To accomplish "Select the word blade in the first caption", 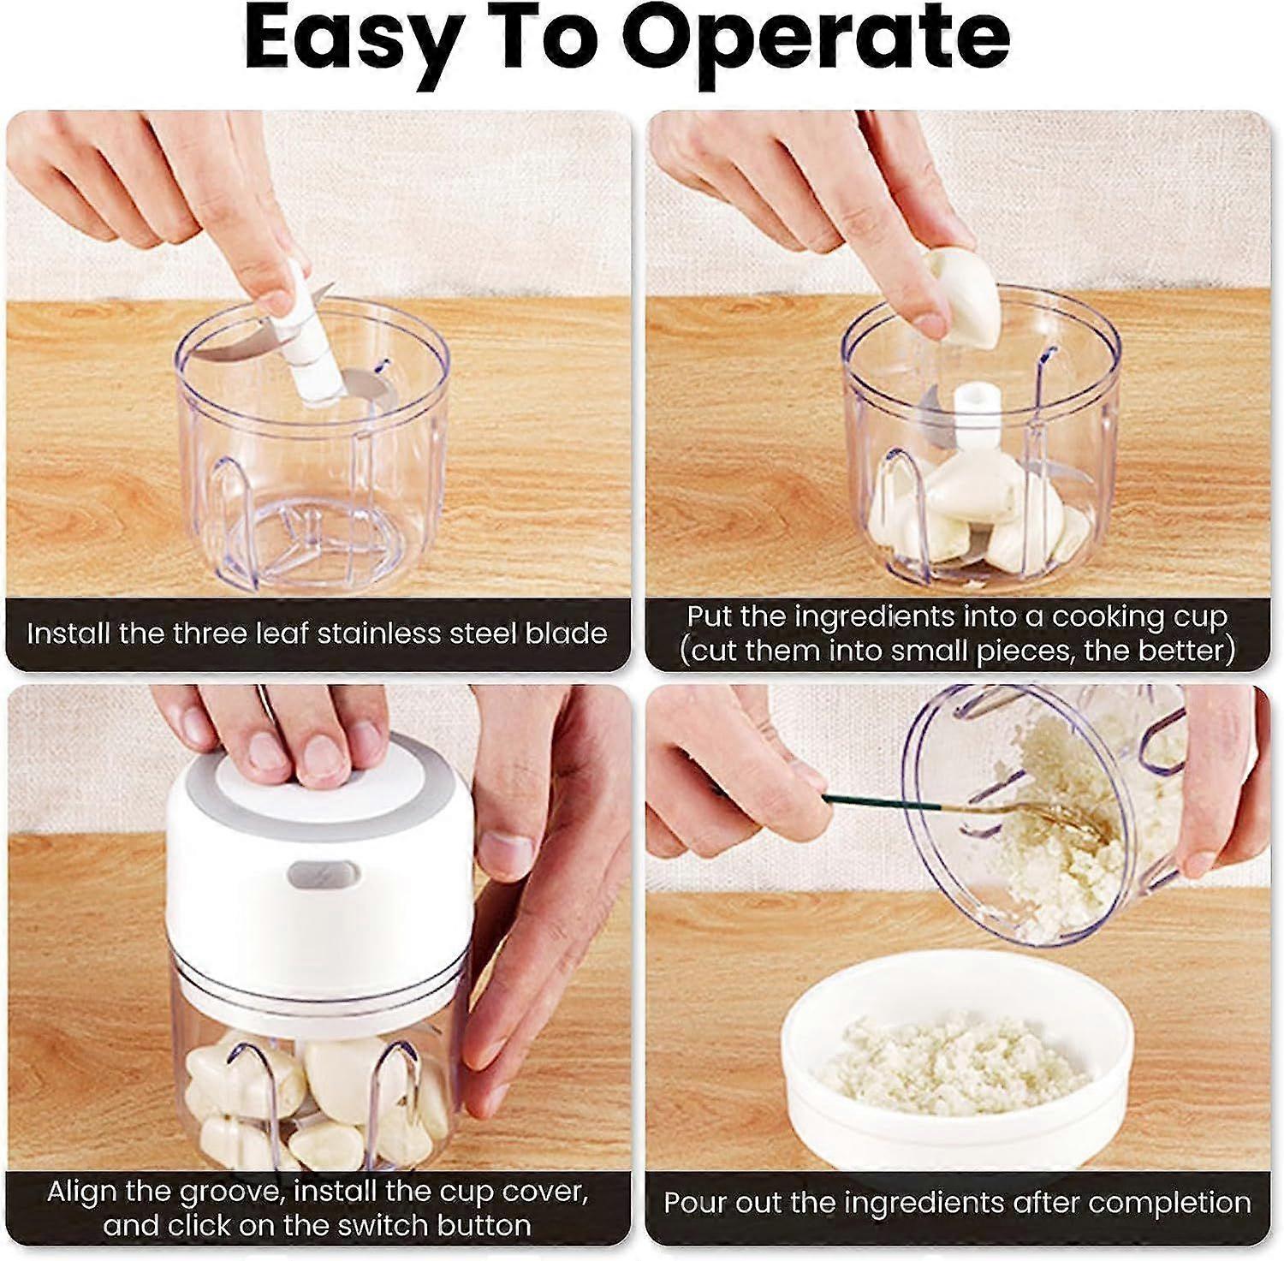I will click(566, 633).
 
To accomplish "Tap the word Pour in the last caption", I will click(694, 1203).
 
